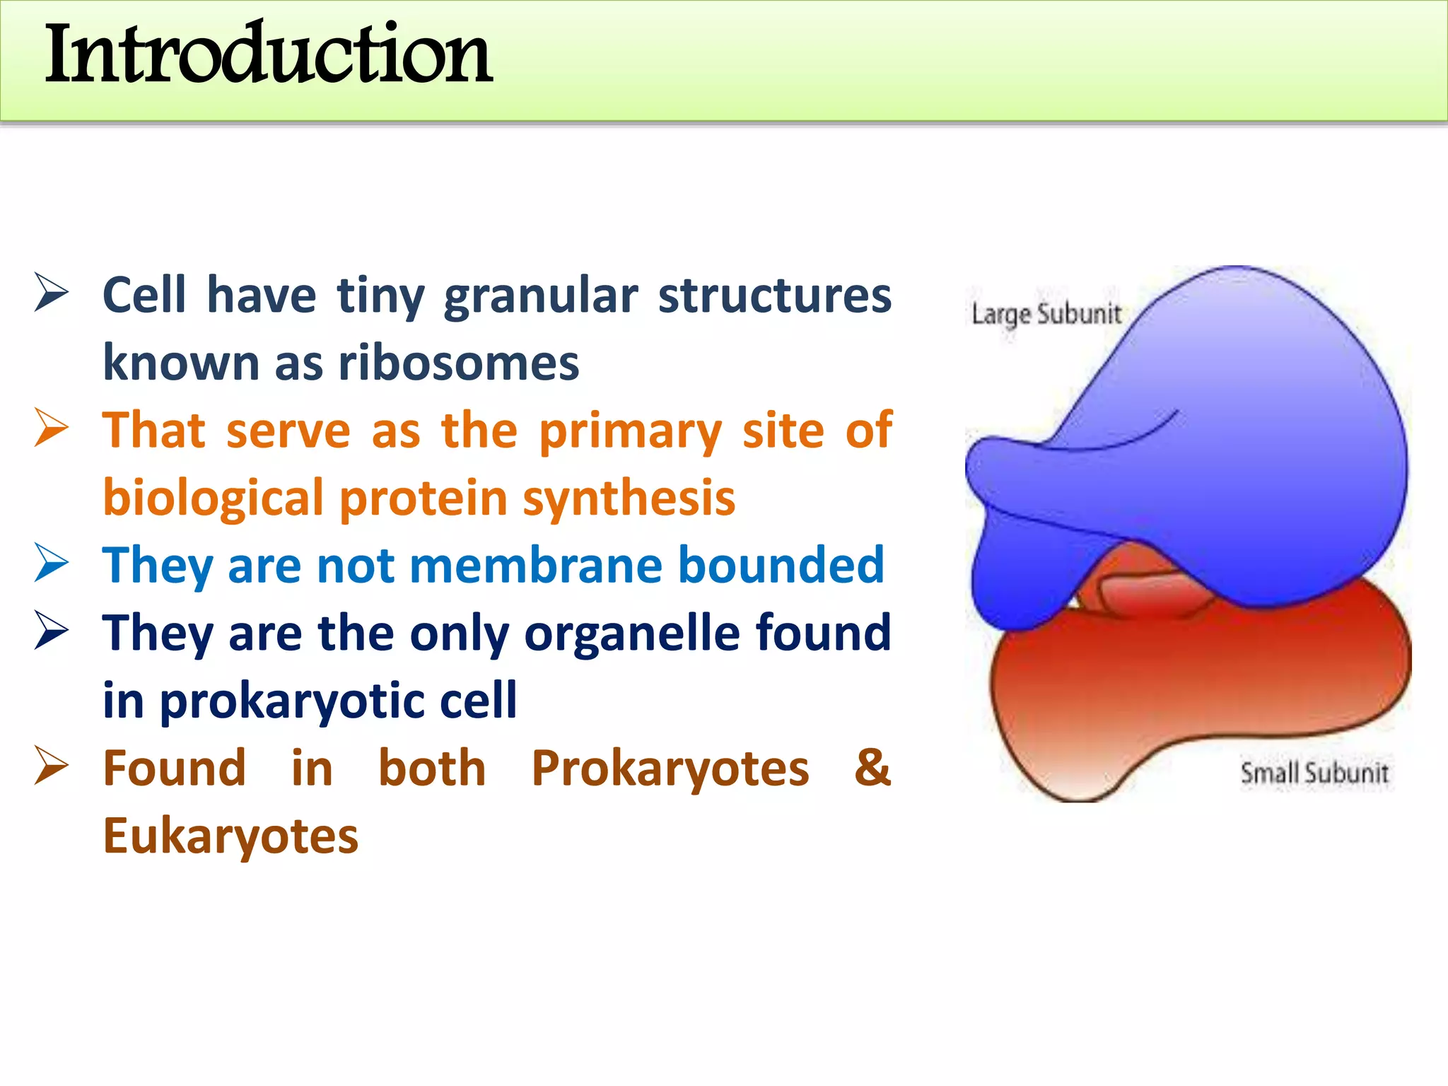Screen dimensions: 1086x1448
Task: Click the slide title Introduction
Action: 269,55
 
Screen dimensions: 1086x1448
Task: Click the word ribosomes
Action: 459,363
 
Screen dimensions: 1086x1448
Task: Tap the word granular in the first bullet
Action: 541,296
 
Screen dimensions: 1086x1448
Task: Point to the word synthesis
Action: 629,498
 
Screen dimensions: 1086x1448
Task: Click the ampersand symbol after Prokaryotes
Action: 872,768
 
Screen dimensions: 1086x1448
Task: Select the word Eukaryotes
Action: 230,836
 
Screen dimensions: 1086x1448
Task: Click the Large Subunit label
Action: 1046,314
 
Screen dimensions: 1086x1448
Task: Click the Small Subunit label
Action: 1314,773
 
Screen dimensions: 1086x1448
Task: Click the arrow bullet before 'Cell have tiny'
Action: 52,294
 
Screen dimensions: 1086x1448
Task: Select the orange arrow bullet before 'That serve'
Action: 52,429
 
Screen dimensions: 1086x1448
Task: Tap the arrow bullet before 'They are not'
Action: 52,564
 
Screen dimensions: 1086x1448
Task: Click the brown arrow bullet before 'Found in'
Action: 52,767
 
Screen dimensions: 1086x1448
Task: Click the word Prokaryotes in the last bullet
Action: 670,769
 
